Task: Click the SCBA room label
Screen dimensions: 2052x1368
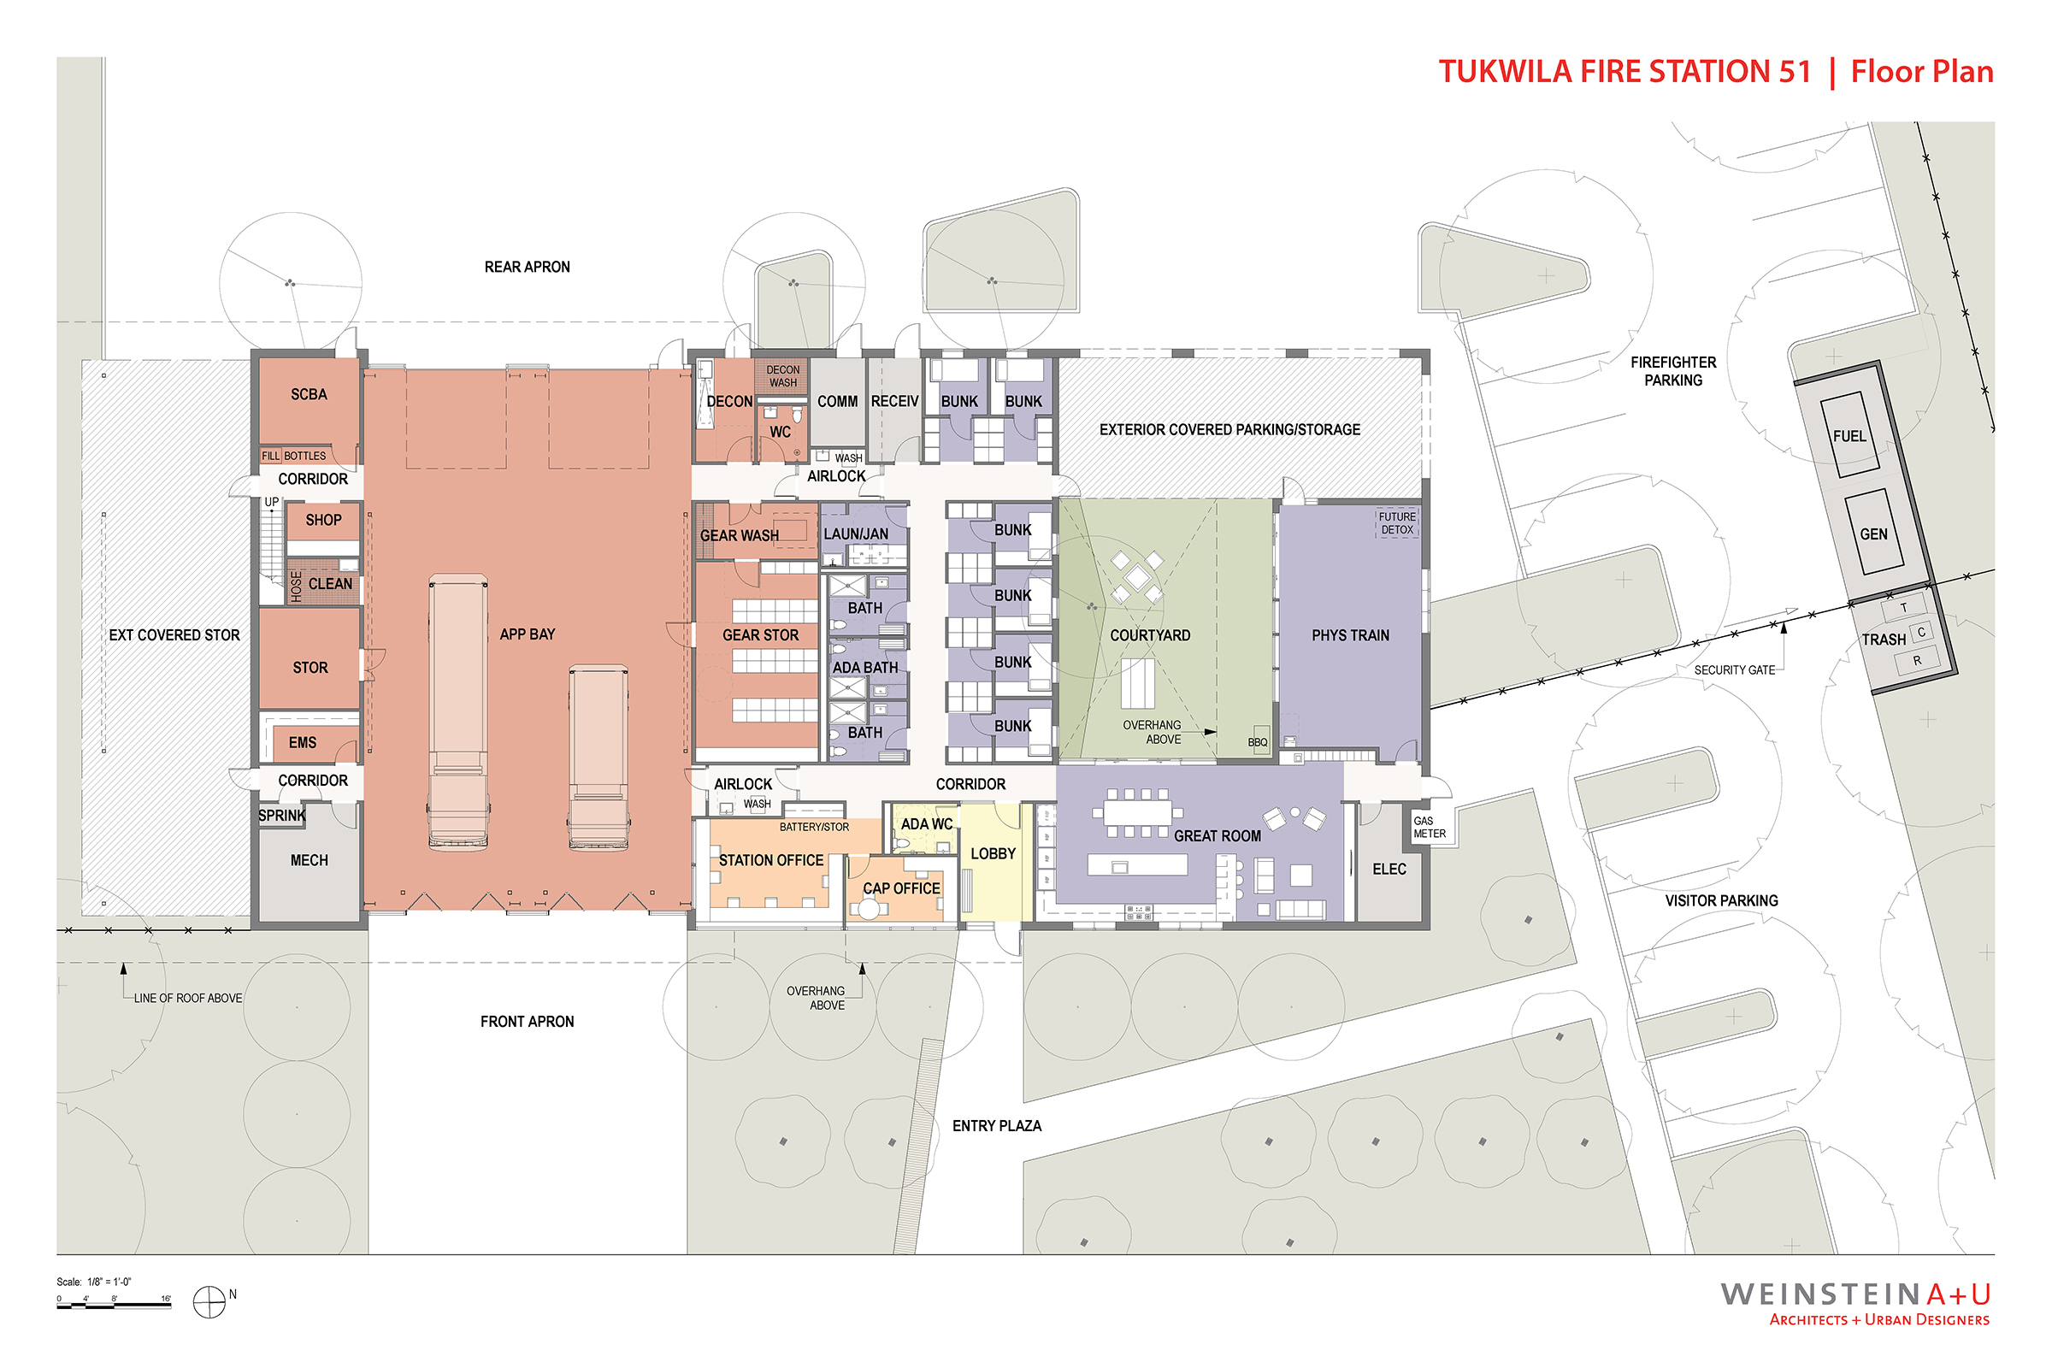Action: point(309,394)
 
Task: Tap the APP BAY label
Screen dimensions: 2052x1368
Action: point(527,634)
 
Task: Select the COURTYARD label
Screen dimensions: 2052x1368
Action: point(1150,635)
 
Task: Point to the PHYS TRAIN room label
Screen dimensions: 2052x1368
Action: point(1351,635)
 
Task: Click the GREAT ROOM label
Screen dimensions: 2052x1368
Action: point(1217,836)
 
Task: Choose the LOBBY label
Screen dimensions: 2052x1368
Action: point(993,853)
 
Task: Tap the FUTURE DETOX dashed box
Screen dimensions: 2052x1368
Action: point(1397,523)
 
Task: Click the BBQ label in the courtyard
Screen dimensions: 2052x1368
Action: point(1257,742)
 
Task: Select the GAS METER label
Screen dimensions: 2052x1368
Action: point(1429,827)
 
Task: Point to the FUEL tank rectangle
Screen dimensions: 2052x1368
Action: point(1849,435)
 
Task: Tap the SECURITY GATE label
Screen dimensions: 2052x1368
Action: point(1735,670)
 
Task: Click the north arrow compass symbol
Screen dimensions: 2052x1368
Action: point(209,1301)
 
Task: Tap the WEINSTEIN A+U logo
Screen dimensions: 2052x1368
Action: point(1855,1303)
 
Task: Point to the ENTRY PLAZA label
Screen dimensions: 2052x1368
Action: point(996,1125)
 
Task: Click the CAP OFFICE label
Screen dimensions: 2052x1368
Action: point(901,888)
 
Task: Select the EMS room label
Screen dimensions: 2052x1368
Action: point(303,742)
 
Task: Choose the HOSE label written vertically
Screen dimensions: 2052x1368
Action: point(297,587)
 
